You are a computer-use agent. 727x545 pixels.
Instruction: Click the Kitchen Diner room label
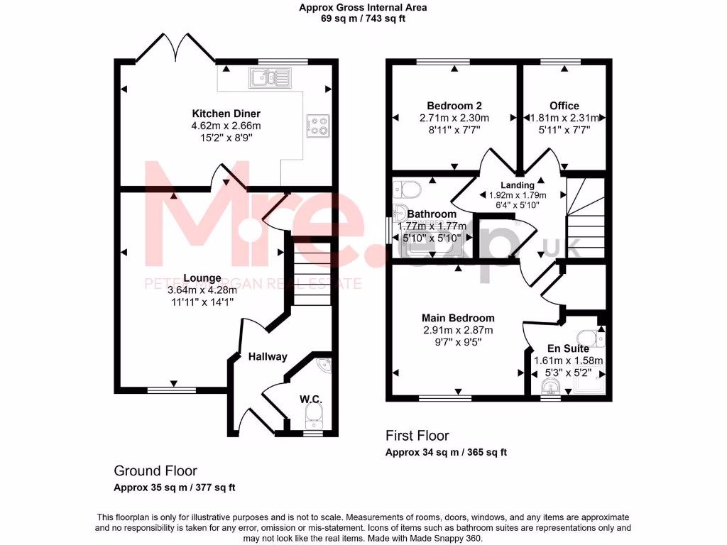tap(226, 114)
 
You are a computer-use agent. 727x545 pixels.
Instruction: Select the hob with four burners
tap(318, 126)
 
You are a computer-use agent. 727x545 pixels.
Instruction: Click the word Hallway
tap(267, 356)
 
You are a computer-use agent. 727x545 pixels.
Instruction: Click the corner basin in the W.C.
tap(324, 365)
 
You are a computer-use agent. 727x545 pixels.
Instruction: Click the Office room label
tap(564, 106)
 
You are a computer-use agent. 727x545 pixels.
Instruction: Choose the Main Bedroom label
tap(458, 318)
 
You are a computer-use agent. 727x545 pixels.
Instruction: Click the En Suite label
tap(567, 348)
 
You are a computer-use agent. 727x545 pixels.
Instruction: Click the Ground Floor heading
tap(155, 470)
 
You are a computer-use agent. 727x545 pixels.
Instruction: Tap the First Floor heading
tap(417, 436)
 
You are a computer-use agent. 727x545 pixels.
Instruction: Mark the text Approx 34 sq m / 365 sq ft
tap(446, 453)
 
